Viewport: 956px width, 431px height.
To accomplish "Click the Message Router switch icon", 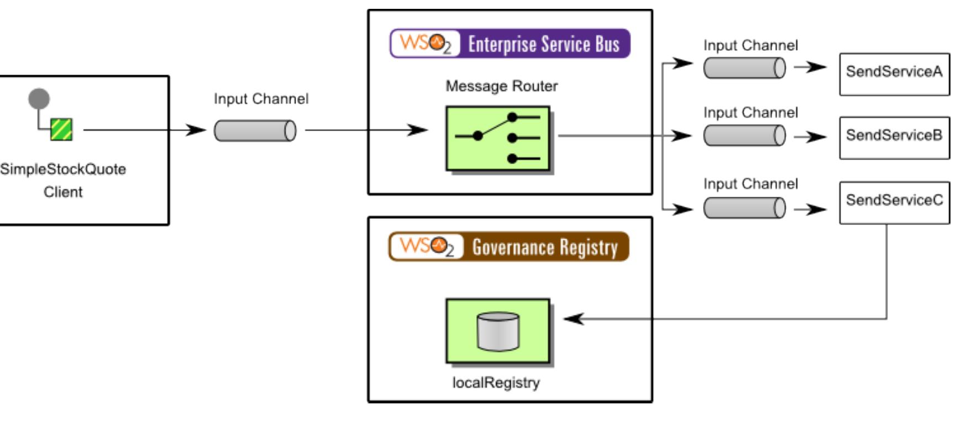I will (497, 138).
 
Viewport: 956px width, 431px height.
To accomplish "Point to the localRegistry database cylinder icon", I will (497, 331).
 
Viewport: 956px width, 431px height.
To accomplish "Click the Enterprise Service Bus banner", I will (509, 44).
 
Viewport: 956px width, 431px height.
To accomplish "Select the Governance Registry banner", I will (508, 246).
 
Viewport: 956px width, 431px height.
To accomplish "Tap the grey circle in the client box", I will (39, 99).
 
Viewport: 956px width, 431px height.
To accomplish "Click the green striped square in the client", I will (61, 129).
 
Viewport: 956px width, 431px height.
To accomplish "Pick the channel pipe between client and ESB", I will (255, 131).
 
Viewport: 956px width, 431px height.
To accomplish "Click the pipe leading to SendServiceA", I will (744, 68).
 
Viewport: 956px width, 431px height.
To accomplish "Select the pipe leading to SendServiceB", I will (744, 135).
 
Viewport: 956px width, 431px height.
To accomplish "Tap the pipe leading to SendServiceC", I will (744, 208).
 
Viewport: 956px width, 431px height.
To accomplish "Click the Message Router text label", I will (501, 86).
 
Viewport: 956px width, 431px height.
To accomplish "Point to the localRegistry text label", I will (496, 382).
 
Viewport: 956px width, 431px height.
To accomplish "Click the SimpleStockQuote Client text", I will (63, 180).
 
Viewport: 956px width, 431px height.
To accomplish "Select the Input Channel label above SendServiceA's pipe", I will (750, 45).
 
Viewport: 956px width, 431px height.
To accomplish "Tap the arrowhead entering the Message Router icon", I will (418, 130).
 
